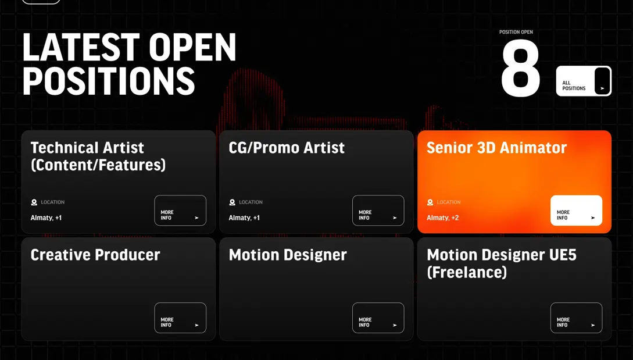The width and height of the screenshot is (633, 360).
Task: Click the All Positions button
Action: [584, 81]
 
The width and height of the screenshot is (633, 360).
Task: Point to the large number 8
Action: [520, 68]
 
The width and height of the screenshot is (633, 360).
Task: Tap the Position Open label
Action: [516, 32]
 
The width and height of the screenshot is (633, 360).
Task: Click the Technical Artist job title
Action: [98, 156]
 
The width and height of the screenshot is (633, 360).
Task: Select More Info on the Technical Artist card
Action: [180, 211]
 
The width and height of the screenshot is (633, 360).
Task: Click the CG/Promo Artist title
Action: [287, 148]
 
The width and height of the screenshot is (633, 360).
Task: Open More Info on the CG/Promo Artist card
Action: [378, 211]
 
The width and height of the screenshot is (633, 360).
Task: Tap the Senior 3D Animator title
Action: [496, 148]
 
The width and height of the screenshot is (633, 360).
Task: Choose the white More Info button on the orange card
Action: [576, 211]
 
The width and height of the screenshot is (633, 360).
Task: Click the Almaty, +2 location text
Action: [442, 218]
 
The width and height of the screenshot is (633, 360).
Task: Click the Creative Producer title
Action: [95, 255]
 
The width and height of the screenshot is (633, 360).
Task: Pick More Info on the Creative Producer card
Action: [180, 318]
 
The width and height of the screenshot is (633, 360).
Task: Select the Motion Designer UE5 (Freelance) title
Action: [502, 263]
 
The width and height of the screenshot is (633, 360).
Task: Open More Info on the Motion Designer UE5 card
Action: [576, 318]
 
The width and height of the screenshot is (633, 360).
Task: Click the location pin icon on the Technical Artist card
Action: [34, 202]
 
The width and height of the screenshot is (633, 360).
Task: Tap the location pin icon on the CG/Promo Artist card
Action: [232, 202]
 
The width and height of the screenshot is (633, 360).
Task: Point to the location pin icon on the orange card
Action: [430, 202]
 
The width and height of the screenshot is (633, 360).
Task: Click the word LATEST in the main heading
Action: [81, 47]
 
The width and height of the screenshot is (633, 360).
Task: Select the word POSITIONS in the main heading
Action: [109, 81]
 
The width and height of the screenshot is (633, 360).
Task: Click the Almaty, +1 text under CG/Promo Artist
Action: [244, 218]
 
